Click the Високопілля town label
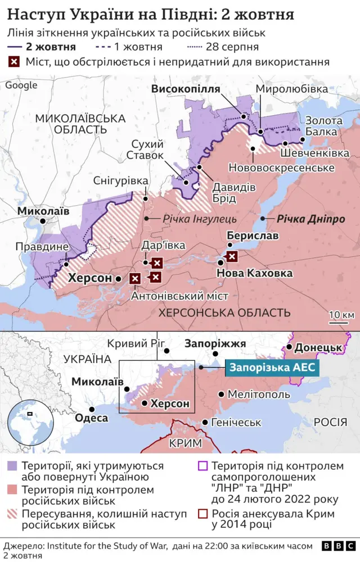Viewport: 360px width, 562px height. (185, 89)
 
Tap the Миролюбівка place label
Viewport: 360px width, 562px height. (291, 89)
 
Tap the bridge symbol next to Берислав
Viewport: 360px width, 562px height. (231, 257)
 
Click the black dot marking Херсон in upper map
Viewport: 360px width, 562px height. (118, 278)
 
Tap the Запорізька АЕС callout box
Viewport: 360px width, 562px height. (273, 368)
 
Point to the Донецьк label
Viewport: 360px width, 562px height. (318, 348)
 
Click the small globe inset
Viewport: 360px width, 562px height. (25, 415)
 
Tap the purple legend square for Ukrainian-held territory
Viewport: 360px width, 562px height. (12, 466)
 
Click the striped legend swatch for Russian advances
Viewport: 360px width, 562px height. (12, 514)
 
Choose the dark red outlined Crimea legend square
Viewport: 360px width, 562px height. (203, 514)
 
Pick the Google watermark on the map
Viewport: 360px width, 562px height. (21, 85)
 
